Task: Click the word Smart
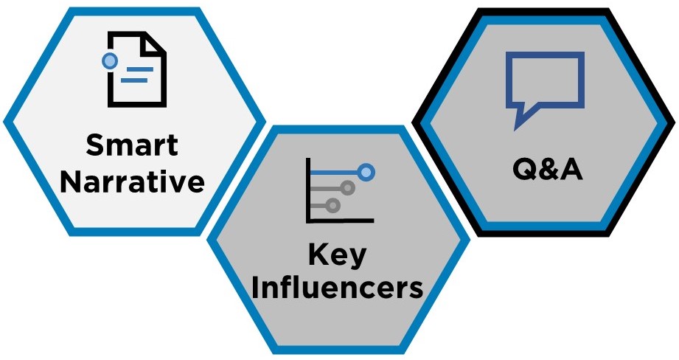pos(132,145)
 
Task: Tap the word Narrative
pos(132,181)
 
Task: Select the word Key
pos(338,255)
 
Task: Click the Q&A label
pos(547,168)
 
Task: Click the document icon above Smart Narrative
pos(135,69)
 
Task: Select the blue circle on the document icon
pos(110,61)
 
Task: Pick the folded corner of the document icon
pos(154,44)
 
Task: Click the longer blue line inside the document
pos(137,69)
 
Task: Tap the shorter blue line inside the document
pos(134,80)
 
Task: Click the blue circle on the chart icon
pos(366,173)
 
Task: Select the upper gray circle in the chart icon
pos(347,188)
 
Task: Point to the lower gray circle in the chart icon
pos(332,205)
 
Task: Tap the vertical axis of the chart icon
pos(308,190)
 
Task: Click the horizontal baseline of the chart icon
pos(340,221)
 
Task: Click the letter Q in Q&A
pos(524,169)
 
